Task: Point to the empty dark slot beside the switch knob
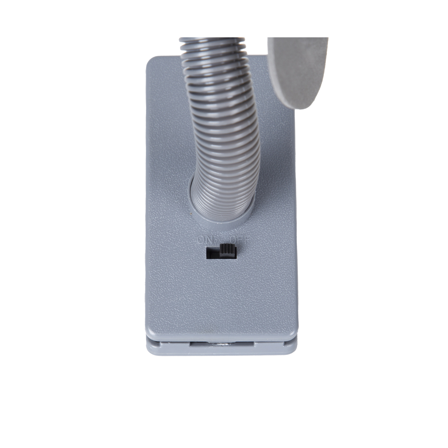click(x=213, y=253)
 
